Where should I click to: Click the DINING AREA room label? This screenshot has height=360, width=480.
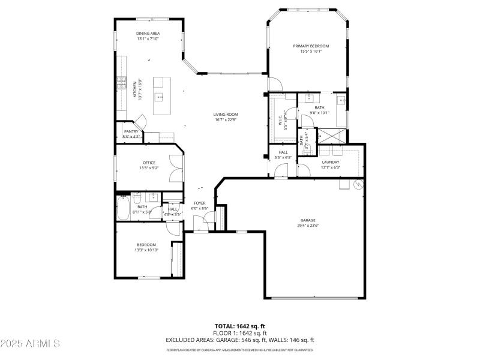148,34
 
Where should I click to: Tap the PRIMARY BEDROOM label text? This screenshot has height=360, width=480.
311,46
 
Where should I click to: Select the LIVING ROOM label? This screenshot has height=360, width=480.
226,115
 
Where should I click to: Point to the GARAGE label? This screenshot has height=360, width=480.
308,220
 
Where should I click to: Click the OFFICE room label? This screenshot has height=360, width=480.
149,163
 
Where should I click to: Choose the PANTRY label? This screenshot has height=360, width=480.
131,131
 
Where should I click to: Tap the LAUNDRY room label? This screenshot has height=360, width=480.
330,162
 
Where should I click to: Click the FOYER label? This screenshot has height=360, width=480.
200,203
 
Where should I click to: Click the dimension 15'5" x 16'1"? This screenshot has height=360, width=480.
311,52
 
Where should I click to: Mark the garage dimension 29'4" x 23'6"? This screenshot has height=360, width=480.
308,226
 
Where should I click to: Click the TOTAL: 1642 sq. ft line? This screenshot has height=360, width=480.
239,326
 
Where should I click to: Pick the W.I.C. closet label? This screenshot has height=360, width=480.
285,120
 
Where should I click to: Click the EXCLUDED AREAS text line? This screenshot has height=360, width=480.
239,340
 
